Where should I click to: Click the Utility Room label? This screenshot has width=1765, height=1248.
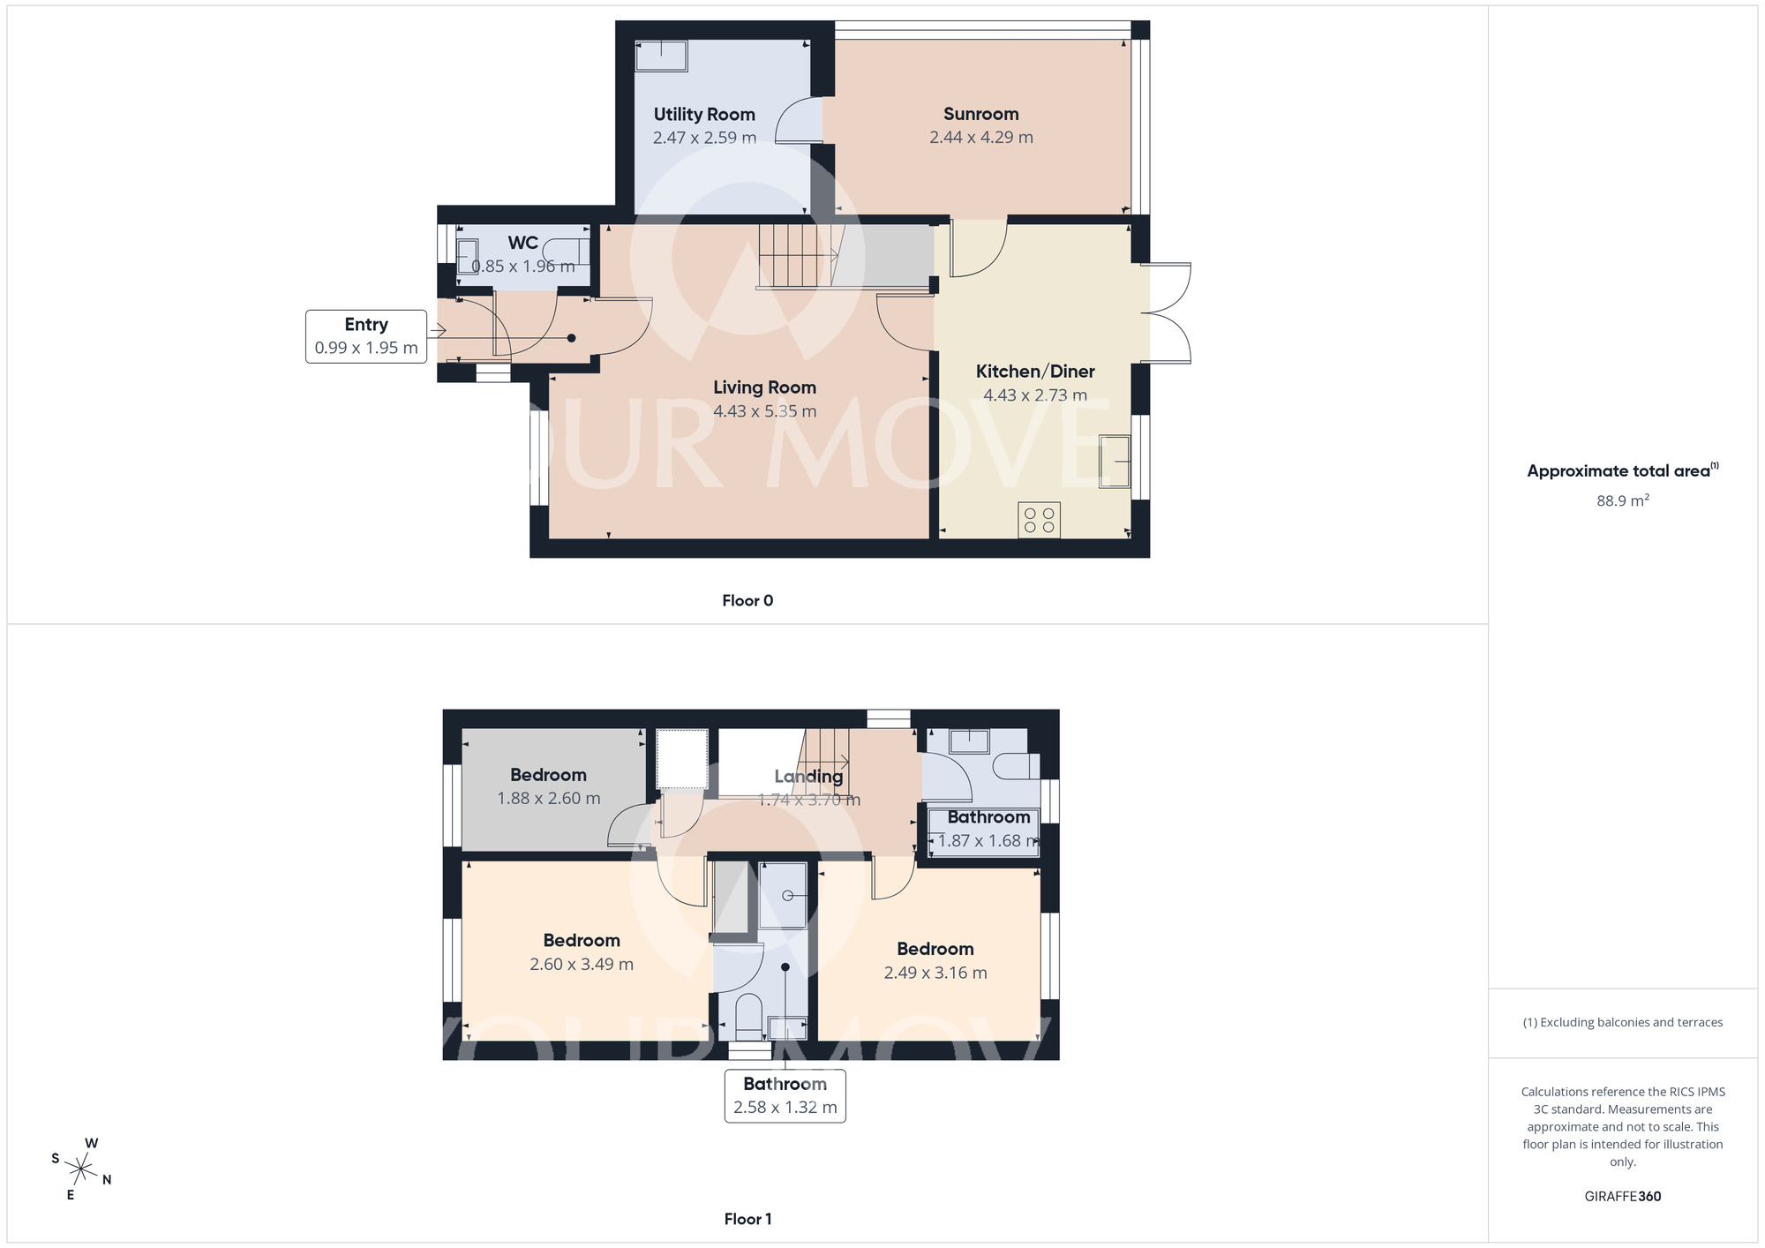pos(704,115)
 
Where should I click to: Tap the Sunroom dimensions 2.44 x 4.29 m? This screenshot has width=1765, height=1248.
pos(980,138)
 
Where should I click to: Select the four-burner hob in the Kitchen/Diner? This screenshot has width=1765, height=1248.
pos(1039,520)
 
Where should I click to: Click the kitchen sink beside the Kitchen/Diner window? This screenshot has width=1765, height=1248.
pos(1115,461)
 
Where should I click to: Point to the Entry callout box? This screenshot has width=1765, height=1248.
pos(366,336)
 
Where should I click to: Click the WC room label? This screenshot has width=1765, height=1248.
pos(522,243)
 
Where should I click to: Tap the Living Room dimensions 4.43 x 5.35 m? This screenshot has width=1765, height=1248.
pos(764,411)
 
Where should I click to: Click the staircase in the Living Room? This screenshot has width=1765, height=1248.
pos(794,256)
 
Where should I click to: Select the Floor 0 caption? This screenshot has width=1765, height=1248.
pos(747,601)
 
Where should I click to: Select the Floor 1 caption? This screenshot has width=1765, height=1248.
pos(747,1219)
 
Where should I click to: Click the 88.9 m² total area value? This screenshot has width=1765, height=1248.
pos(1622,500)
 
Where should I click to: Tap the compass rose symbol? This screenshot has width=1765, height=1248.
pos(81,1170)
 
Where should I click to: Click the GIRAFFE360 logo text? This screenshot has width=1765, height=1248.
pos(1622,1197)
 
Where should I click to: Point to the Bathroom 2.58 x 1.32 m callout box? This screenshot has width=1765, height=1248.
pos(785,1095)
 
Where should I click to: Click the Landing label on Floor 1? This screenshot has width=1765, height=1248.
pos(808,777)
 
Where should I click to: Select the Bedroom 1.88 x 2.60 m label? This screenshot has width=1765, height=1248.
pos(548,775)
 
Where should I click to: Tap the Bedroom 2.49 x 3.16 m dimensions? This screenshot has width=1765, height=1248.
pos(935,973)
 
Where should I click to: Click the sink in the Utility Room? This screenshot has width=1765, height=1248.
pos(661,56)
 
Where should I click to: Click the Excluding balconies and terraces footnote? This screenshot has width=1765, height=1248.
pos(1622,1022)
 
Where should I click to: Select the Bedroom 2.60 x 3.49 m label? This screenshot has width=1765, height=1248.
pos(582,941)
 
